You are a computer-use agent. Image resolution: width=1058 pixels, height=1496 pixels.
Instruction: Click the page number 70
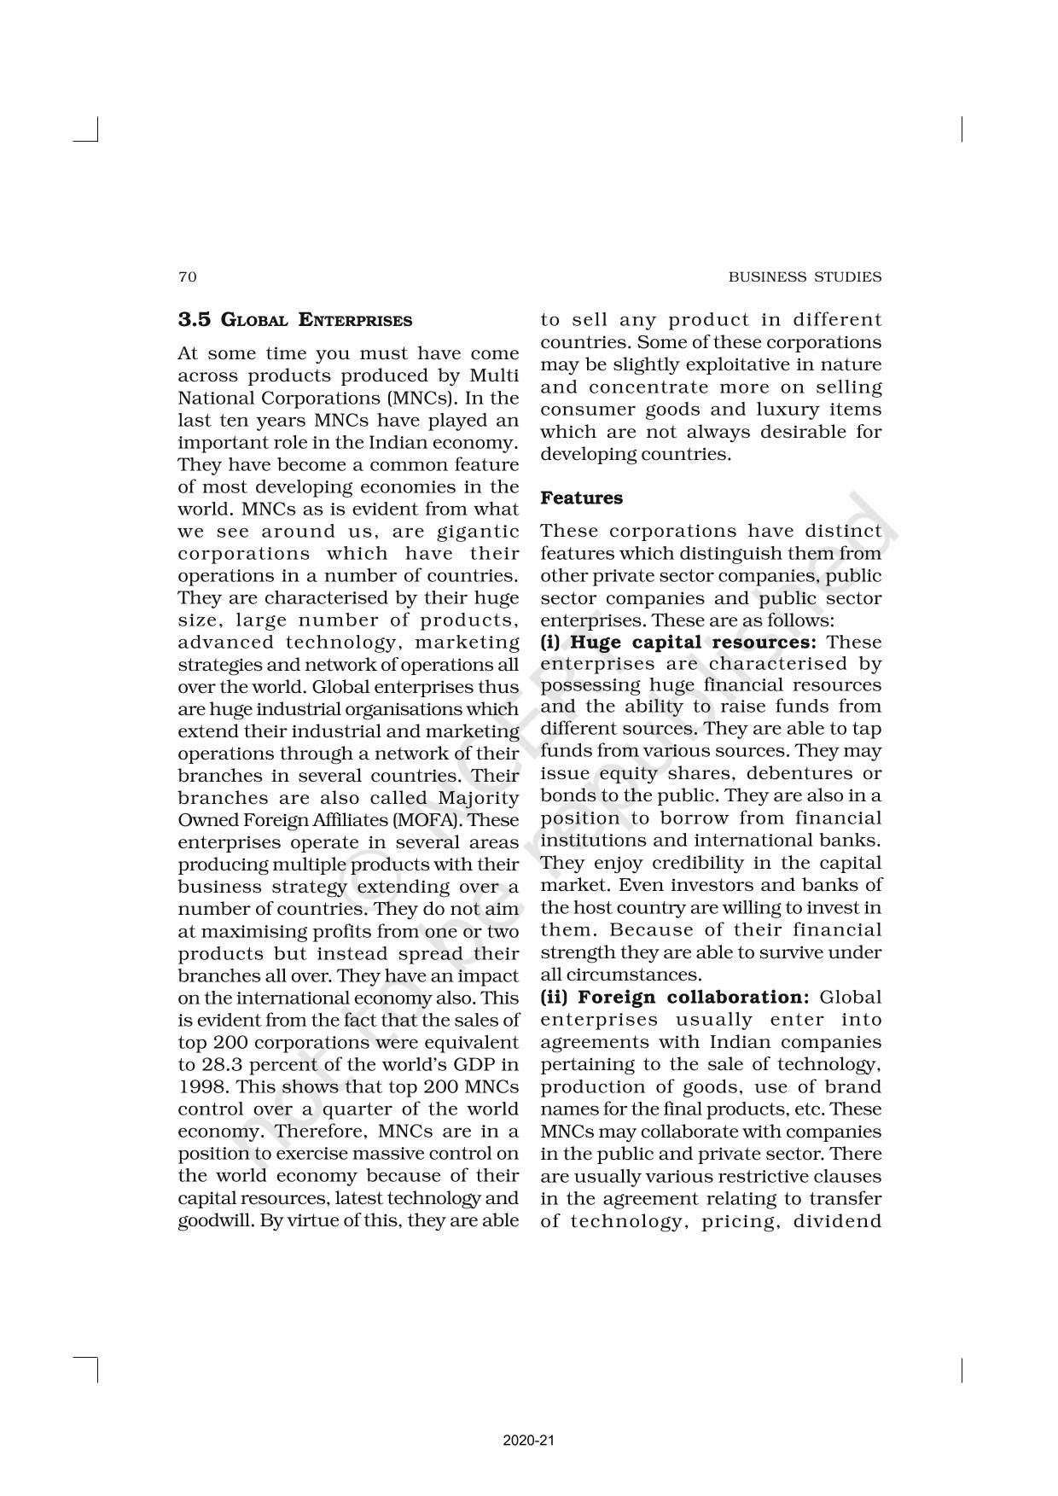pos(187,276)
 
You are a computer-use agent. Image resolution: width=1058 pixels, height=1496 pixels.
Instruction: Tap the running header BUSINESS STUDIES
pos(805,276)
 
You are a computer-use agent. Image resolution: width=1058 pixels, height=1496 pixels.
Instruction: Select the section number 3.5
pos(194,320)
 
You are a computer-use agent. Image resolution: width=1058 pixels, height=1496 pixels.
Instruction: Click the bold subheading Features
pos(581,498)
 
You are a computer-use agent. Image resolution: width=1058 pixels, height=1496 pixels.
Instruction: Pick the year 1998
pos(201,1087)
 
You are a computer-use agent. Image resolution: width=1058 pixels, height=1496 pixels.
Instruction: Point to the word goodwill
pos(211,1220)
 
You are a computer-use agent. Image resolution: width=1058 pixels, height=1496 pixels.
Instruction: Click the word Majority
pos(478,798)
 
